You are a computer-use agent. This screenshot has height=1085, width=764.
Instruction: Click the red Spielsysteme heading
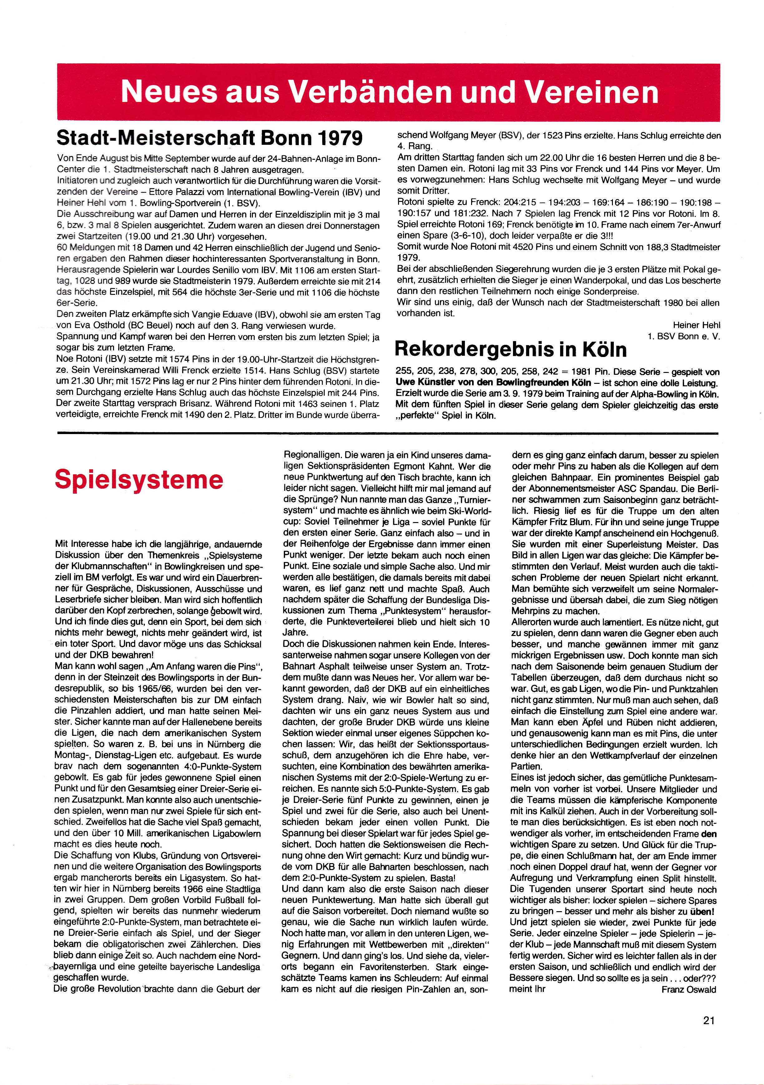point(139,480)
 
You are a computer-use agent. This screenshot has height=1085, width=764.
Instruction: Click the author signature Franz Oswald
point(688,990)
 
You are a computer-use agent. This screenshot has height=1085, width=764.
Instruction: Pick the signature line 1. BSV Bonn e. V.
point(684,336)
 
